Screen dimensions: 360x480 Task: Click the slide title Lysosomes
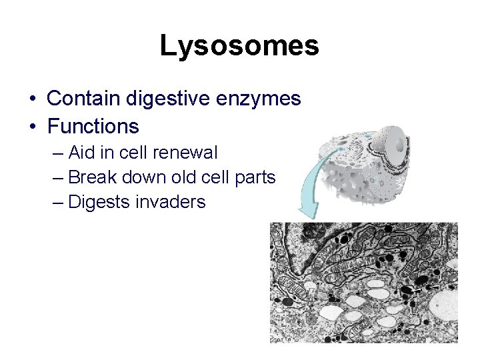point(239,46)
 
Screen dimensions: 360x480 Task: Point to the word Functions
point(93,126)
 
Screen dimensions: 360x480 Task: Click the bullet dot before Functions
point(33,127)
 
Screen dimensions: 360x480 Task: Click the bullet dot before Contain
point(33,99)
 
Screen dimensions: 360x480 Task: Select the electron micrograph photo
point(363,283)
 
